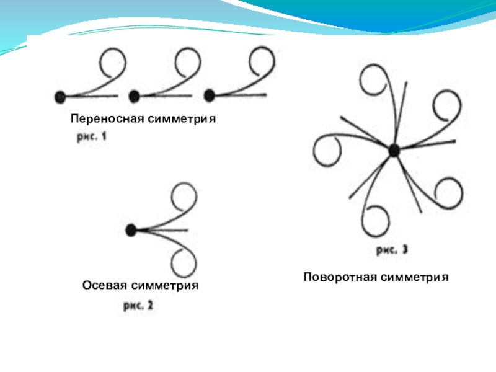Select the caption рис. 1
click(92, 138)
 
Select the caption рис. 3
click(392, 250)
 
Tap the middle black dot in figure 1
click(133, 96)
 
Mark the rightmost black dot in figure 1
click(210, 95)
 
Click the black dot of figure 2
click(131, 230)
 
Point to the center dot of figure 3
click(394, 150)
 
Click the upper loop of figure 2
click(184, 197)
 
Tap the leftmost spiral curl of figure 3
click(327, 151)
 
